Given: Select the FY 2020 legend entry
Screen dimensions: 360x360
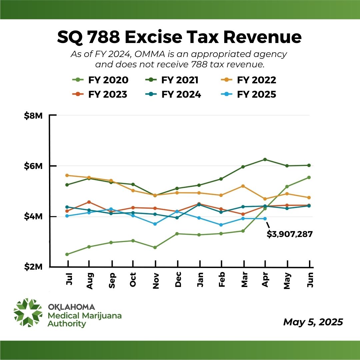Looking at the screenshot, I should coord(100,80).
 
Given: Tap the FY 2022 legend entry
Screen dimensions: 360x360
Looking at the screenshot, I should coord(248,80).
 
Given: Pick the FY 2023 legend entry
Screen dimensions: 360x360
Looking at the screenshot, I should coord(100,95).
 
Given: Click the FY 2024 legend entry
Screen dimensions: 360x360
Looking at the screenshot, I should coord(173,95).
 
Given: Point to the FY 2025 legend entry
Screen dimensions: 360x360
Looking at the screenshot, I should coord(249,95).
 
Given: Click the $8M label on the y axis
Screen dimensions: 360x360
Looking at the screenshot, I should coord(33,116).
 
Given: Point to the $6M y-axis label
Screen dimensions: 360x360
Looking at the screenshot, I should coord(33,166).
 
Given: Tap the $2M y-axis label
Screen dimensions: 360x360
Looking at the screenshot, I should coord(33,267).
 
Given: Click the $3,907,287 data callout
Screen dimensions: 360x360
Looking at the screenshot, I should coord(289,234).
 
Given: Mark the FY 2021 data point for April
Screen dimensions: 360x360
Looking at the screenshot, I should coord(265,159).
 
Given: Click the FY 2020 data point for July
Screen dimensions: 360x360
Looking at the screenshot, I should coord(67,254).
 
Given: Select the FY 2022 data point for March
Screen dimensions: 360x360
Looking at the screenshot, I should coord(243,186).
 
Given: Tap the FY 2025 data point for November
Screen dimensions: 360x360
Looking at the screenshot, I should coord(155,224).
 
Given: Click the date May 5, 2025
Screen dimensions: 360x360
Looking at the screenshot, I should coord(313,322).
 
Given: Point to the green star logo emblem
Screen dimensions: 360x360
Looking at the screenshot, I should coord(28,312).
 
